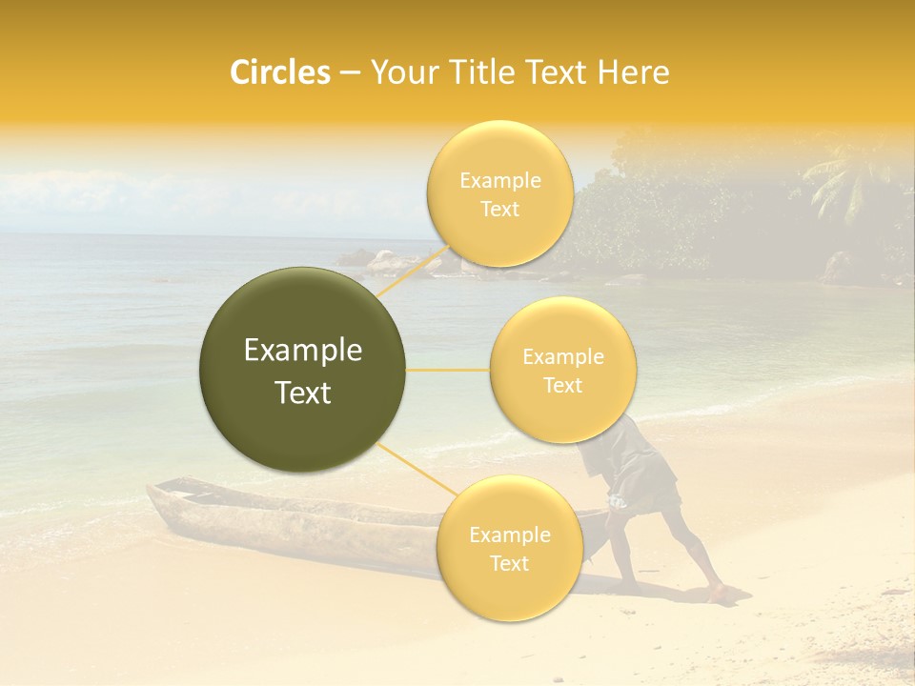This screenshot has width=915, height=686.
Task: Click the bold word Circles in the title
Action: click(279, 72)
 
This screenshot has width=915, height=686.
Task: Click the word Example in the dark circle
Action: click(303, 351)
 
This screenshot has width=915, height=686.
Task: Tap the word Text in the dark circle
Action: click(303, 393)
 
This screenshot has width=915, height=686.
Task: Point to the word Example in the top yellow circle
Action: click(499, 181)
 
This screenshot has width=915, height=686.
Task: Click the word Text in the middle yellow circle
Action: click(562, 386)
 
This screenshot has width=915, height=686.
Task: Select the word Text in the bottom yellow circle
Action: click(509, 564)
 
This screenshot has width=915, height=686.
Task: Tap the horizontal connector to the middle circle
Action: click(448, 370)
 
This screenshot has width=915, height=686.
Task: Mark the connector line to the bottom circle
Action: click(415, 468)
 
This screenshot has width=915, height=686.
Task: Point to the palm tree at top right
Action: click(844, 181)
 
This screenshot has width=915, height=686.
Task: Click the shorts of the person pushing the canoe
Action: click(648, 476)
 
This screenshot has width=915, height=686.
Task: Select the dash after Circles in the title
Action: click(350, 73)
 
